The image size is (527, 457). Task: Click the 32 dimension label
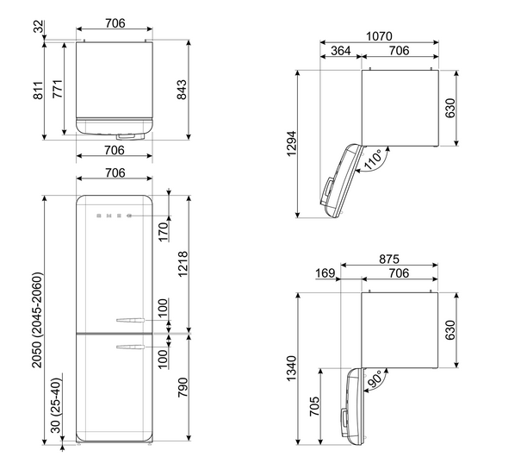39,27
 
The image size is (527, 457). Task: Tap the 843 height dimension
182,90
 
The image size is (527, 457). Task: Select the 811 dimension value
38,91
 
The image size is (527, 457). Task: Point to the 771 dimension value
58,89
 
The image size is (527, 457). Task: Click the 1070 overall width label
379,36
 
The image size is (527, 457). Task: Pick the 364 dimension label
341,51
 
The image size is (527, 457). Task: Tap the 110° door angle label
373,160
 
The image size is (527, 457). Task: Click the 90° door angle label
374,379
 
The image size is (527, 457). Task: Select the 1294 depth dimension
292,143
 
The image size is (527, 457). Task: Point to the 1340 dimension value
291,368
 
